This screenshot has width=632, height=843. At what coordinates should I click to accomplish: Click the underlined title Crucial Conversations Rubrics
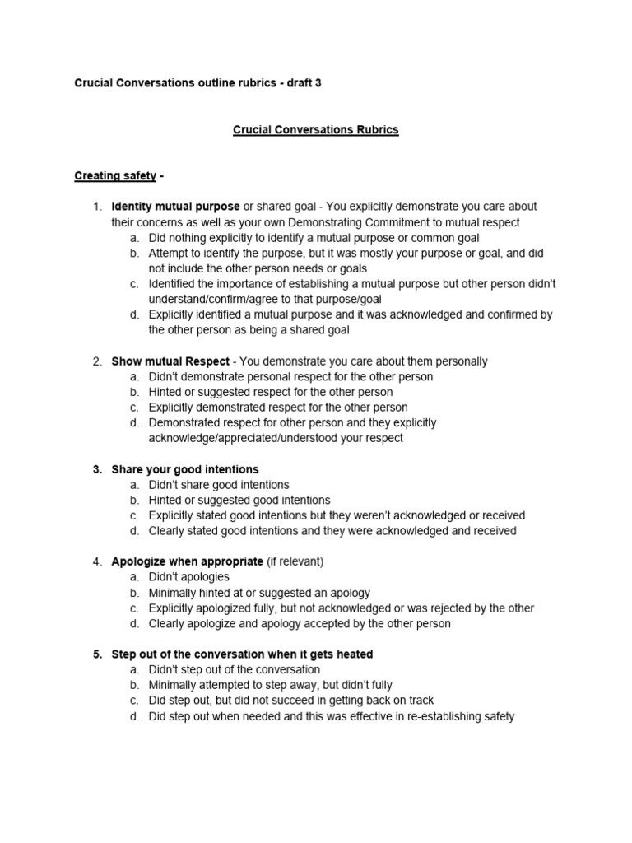[x=315, y=130]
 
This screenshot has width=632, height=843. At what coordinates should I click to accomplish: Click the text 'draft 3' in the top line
[x=313, y=83]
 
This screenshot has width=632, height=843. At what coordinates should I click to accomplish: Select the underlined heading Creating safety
[x=115, y=176]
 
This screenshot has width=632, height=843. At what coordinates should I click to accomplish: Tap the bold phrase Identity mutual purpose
[x=175, y=207]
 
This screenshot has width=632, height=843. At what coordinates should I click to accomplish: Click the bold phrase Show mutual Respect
[x=171, y=361]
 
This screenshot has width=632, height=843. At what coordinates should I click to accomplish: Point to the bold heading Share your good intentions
[x=185, y=469]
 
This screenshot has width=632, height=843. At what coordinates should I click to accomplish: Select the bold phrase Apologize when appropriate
[x=187, y=562]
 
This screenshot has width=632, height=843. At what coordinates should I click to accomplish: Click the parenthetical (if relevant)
[x=295, y=562]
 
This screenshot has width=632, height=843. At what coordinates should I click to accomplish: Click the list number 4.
[x=96, y=562]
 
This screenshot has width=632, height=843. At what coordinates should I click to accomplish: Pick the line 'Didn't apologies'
[x=189, y=577]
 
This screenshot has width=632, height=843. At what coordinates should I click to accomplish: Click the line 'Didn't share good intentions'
[x=219, y=485]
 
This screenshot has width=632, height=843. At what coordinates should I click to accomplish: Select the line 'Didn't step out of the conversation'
[x=235, y=670]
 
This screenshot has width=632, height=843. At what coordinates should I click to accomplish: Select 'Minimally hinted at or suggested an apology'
[x=259, y=593]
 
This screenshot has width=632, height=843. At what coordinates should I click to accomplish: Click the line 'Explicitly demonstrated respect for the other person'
[x=278, y=408]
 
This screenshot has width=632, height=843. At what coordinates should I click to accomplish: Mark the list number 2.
[x=96, y=361]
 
